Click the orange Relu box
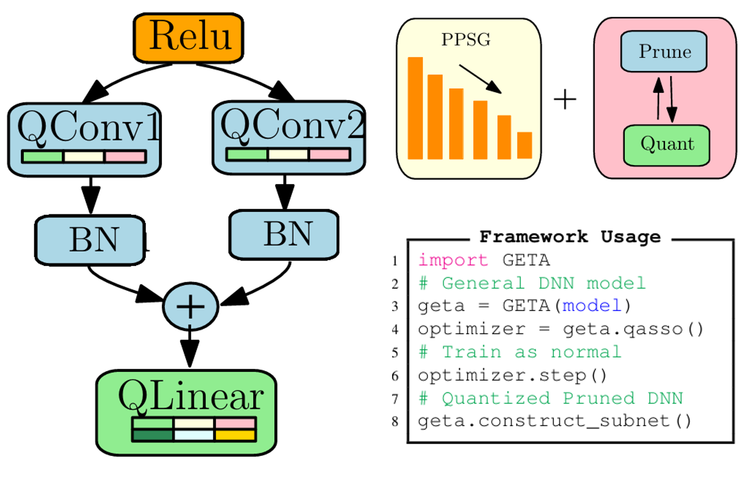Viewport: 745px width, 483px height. (x=189, y=38)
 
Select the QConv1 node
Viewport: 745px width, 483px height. (x=85, y=139)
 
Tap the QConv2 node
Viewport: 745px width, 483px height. (x=289, y=137)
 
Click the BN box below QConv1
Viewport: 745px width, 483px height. (x=90, y=240)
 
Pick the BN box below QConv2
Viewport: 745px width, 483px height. (x=284, y=234)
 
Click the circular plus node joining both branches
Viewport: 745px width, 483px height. (x=190, y=307)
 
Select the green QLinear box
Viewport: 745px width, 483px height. (x=186, y=412)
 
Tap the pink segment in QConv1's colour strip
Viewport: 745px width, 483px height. (x=125, y=157)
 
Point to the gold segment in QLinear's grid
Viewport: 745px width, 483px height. (x=235, y=435)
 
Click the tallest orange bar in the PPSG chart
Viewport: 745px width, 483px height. (x=415, y=108)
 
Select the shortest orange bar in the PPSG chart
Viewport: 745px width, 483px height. (x=524, y=145)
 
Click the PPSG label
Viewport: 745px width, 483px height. (x=465, y=40)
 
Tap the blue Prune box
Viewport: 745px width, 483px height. (x=664, y=51)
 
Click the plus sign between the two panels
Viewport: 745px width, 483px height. (x=565, y=99)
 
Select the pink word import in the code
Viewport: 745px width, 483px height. (x=453, y=260)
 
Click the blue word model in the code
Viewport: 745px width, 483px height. (x=592, y=306)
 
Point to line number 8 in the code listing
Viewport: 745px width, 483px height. (x=395, y=421)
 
